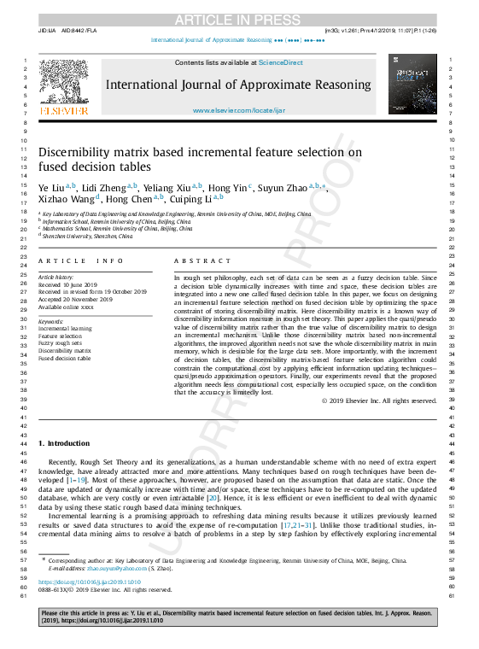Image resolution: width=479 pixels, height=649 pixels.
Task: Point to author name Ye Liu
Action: coord(53,186)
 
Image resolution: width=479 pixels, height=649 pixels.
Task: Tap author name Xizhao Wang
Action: coord(67,200)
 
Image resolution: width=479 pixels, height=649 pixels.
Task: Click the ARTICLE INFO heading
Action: coord(75,261)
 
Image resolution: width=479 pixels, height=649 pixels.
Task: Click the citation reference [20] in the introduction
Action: coord(213,496)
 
